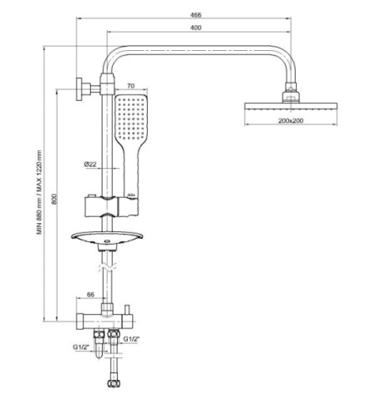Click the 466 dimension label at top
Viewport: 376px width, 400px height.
point(196,15)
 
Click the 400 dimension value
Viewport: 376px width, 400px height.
point(196,28)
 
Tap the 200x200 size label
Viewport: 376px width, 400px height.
point(291,120)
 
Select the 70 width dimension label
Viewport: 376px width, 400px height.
point(130,86)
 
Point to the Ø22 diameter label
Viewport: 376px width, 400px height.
point(90,165)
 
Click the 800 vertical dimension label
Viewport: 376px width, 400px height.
point(54,199)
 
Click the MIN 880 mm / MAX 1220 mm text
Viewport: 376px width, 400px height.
point(39,192)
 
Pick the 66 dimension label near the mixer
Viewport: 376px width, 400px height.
point(91,295)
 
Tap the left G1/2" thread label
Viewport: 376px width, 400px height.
point(81,347)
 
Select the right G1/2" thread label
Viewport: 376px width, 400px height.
point(131,339)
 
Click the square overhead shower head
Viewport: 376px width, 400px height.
point(291,106)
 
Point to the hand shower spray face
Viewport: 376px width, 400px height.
point(130,118)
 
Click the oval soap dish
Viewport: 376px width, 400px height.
point(107,238)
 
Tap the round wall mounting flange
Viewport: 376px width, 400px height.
point(79,89)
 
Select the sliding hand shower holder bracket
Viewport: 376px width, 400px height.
point(110,206)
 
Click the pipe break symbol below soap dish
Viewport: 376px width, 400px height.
point(107,268)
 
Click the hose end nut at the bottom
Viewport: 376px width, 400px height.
point(112,383)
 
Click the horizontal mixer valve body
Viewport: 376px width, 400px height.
point(104,320)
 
